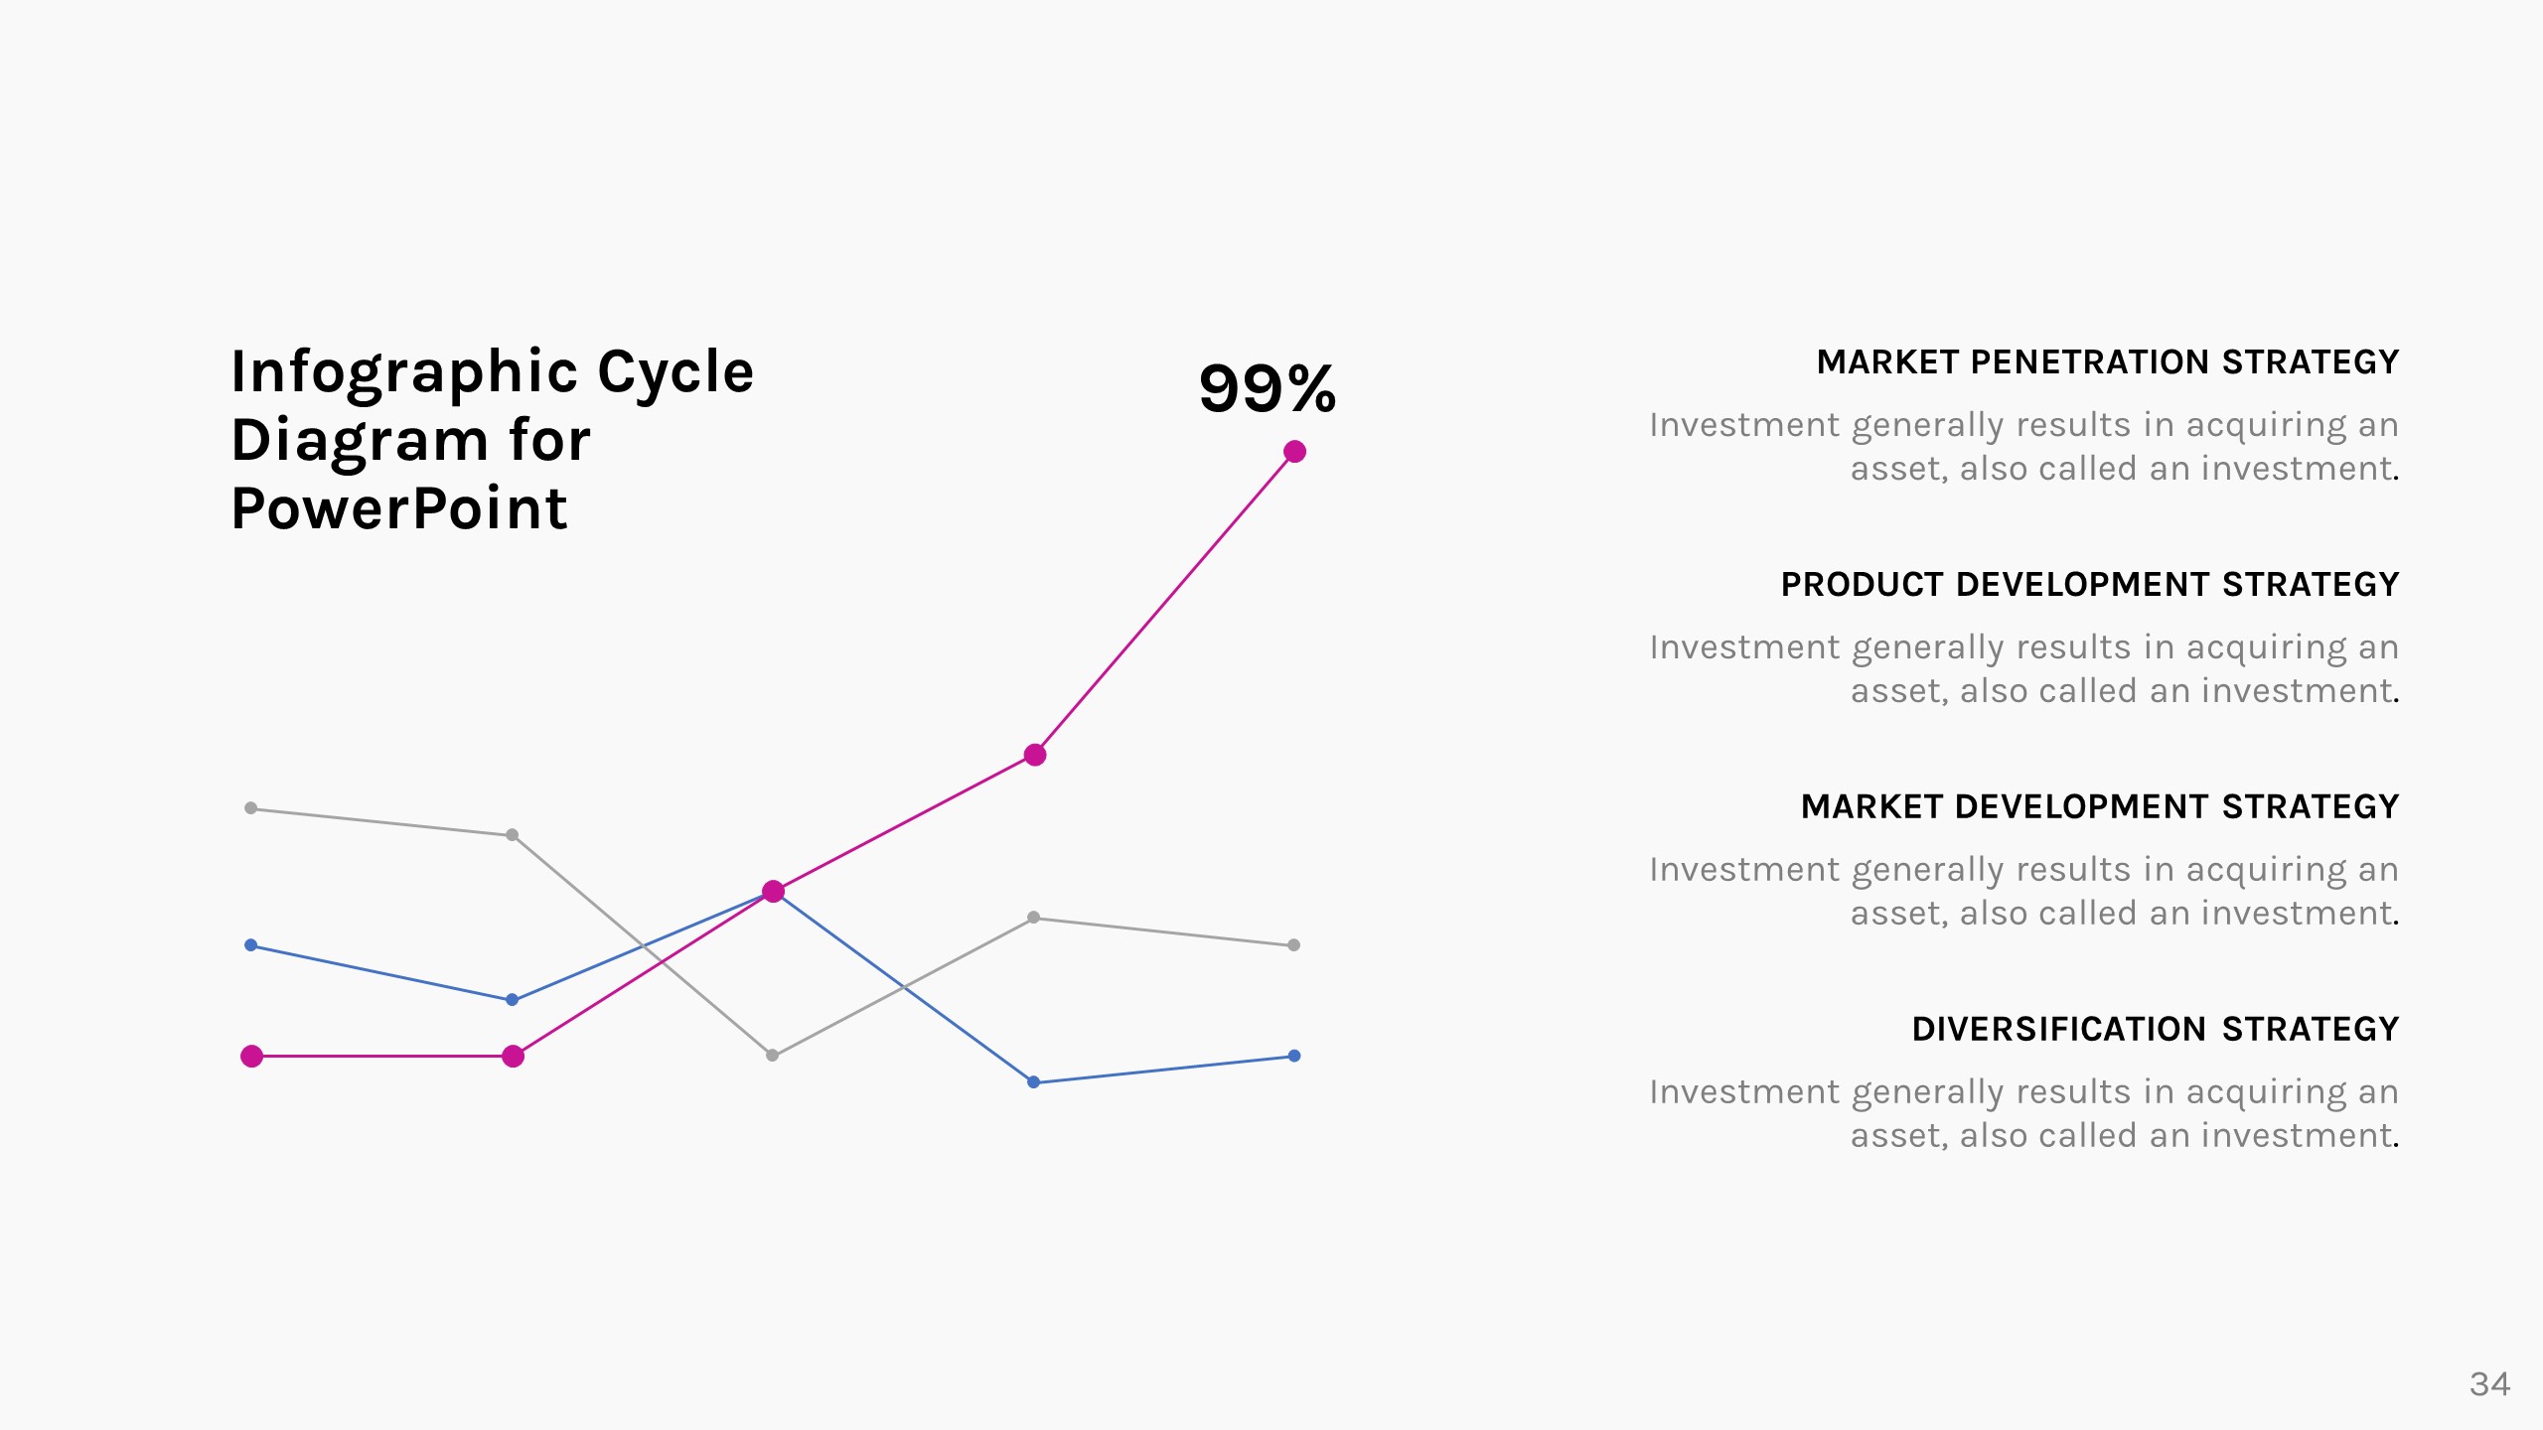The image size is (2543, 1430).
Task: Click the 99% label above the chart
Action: pyautogui.click(x=1268, y=388)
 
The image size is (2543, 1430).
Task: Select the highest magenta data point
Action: pyautogui.click(x=1294, y=452)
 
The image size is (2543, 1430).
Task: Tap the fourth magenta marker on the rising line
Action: pyautogui.click(x=1035, y=755)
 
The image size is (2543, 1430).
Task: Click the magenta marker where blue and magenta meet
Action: pyautogui.click(x=773, y=892)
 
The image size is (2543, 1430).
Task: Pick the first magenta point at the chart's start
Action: pyautogui.click(x=252, y=1057)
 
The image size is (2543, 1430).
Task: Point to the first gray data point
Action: pyautogui.click(x=251, y=808)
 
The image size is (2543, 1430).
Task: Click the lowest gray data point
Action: pyautogui.click(x=772, y=1056)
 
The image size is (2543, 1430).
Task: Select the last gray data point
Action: pyautogui.click(x=1293, y=945)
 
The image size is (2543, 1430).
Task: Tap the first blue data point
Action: pyautogui.click(x=251, y=945)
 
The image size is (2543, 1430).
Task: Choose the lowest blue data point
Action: pyautogui.click(x=1033, y=1082)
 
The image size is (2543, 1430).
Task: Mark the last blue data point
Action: pyautogui.click(x=1293, y=1056)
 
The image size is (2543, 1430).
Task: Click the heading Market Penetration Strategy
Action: pyautogui.click(x=2108, y=362)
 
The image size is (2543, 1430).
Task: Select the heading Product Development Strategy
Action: pyautogui.click(x=2090, y=585)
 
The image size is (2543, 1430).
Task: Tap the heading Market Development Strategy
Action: pyautogui.click(x=2100, y=807)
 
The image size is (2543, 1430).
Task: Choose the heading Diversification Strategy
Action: pyautogui.click(x=2156, y=1030)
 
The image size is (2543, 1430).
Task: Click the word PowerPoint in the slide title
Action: pyautogui.click(x=398, y=509)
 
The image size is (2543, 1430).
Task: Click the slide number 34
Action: pyautogui.click(x=2489, y=1384)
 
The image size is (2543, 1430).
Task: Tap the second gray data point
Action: pyautogui.click(x=512, y=835)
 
